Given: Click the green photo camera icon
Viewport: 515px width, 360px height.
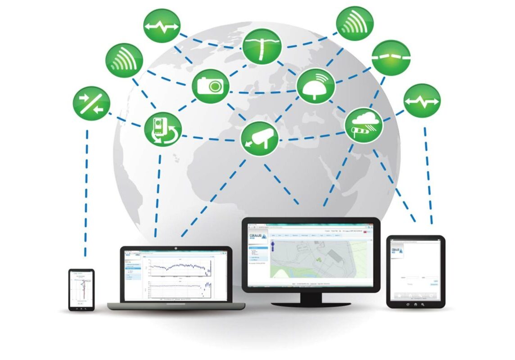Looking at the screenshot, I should click(x=210, y=85).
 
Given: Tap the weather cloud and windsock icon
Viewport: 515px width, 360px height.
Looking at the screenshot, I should click(x=364, y=125).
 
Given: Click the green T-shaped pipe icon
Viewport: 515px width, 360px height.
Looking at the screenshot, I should click(x=262, y=46).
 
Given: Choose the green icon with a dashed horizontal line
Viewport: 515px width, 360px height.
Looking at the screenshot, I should click(x=391, y=58).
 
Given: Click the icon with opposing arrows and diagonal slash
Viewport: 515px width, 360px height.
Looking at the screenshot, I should click(x=91, y=103).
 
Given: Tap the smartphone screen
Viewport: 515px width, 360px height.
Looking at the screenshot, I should click(x=81, y=288).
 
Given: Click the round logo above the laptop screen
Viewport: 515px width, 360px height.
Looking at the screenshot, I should click(x=176, y=248).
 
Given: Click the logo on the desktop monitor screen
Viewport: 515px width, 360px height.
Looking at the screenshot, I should click(x=257, y=238).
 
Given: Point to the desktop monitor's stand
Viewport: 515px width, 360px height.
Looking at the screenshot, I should click(x=310, y=299).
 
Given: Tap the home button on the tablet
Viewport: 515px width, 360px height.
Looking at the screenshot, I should click(x=415, y=305).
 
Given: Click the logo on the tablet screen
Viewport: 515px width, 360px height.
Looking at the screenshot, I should click(x=397, y=252).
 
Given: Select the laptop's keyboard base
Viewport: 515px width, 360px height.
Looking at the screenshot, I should click(x=176, y=306).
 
